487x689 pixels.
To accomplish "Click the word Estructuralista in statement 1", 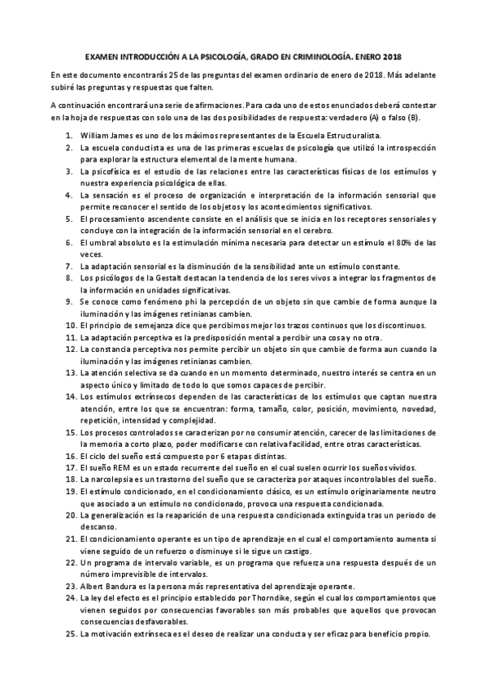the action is tap(353, 133).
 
